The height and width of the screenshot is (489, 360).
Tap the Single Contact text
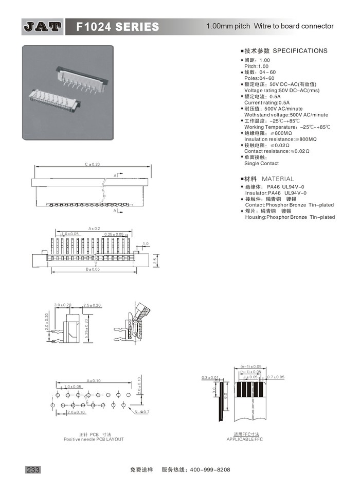tap(261, 163)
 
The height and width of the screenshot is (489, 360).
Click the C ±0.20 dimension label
tap(93, 165)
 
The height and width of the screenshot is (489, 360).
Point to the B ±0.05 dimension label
tap(93, 269)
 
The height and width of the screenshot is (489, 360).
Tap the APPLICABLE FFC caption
tap(244, 439)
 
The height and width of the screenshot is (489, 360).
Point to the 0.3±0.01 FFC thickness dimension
tap(210, 377)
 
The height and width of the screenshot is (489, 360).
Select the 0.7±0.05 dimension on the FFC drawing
tap(276, 377)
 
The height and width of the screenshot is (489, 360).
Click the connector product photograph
tap(67, 92)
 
